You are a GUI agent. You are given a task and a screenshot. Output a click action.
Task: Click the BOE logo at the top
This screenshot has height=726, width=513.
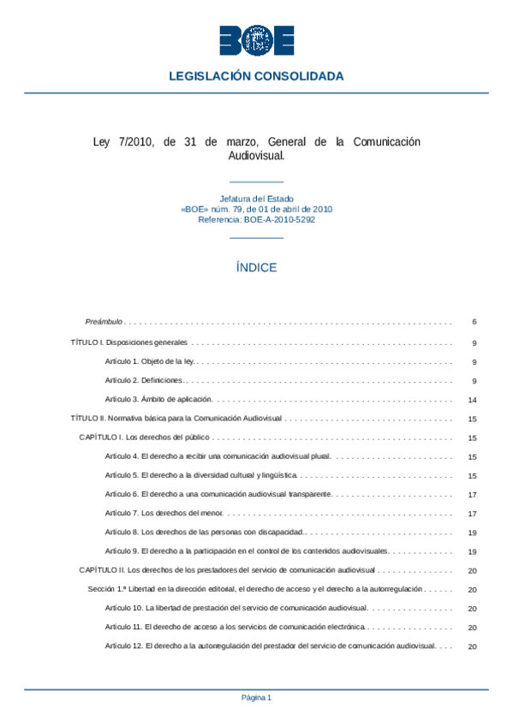[256, 40]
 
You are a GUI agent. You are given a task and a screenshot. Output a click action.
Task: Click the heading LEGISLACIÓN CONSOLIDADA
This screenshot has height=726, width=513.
[256, 76]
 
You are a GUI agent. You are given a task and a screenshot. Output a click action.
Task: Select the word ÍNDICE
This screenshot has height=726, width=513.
[256, 267]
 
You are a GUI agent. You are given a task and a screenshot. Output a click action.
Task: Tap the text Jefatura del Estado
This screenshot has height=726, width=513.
[256, 199]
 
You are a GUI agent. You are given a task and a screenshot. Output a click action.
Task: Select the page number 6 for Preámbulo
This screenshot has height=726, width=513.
[473, 322]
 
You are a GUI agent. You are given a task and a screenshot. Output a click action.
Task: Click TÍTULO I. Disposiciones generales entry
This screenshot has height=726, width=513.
[128, 342]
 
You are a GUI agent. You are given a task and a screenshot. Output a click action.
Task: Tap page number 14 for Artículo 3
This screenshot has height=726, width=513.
[472, 400]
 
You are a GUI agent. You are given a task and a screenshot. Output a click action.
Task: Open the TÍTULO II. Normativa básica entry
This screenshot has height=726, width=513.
[176, 419]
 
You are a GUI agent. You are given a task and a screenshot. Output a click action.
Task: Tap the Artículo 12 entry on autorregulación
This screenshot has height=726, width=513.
[270, 646]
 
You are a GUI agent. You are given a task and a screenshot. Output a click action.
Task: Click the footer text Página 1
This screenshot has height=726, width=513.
[256, 698]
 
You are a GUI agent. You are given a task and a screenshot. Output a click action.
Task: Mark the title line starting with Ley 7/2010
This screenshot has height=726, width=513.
[256, 141]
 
